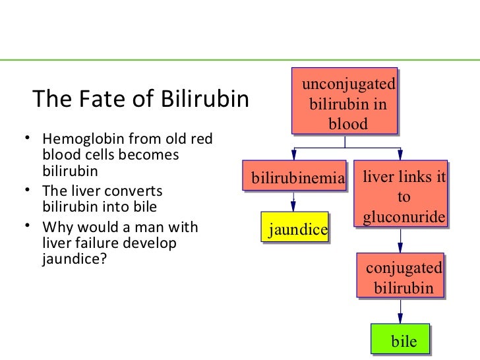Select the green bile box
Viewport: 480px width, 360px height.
coord(400,340)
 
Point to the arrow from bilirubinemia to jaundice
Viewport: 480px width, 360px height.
coord(293,202)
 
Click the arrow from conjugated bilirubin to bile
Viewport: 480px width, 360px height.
coord(400,312)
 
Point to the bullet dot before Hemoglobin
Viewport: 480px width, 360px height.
coord(23,138)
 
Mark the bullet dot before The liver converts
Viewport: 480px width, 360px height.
coord(23,191)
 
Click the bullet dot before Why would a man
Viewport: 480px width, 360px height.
coord(23,227)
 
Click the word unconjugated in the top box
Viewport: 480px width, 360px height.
coord(348,84)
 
